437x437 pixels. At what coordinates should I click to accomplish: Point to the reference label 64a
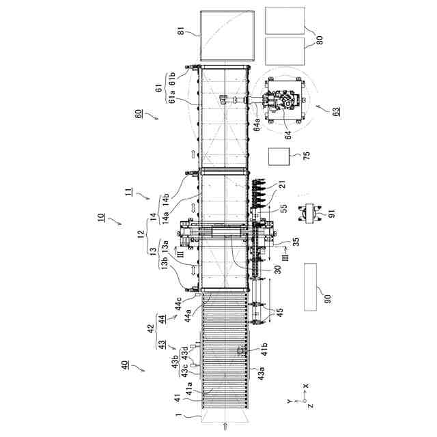tap(253, 125)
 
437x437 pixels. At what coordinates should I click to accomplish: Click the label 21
tap(283, 185)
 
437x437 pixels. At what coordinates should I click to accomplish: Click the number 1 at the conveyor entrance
tap(178, 414)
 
